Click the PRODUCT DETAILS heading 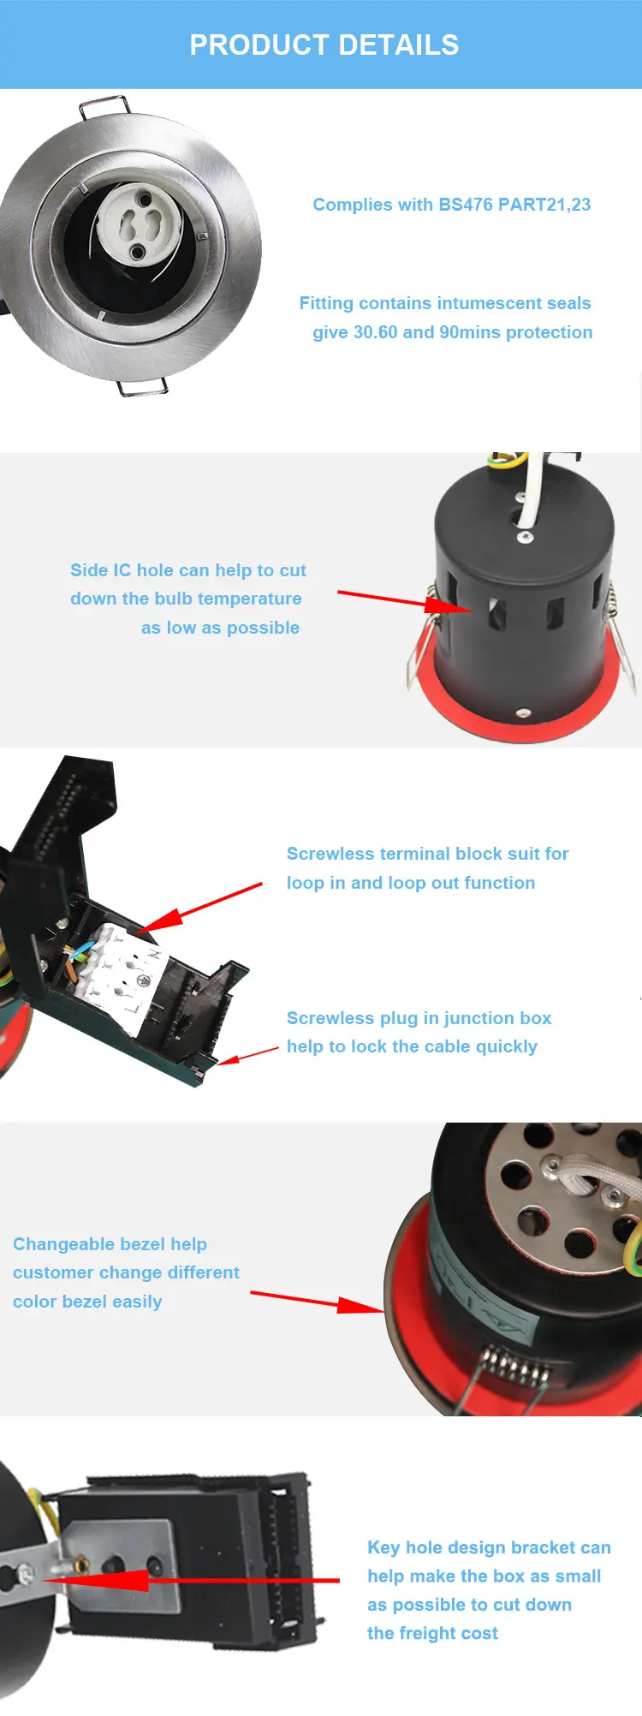coord(324,45)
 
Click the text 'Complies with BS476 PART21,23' coord(452,205)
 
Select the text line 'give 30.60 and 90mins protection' coord(453,332)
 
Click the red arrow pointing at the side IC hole coord(406,601)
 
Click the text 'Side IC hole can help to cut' coord(188,570)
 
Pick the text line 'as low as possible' coord(221,628)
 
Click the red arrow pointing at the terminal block coord(199,909)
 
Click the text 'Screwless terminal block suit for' coord(428,854)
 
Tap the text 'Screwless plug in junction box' coord(419,1018)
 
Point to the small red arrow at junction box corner coord(247,1055)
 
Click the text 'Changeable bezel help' coord(110,1244)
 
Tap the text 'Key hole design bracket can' coord(490,1547)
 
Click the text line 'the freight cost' coord(433,1633)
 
